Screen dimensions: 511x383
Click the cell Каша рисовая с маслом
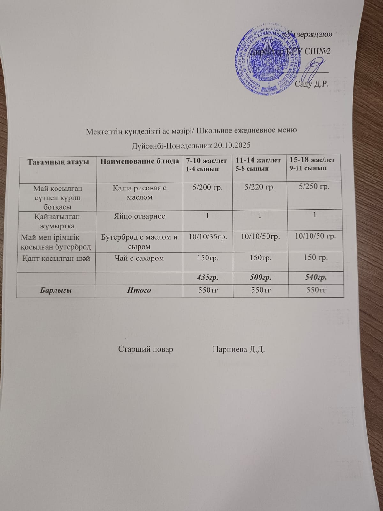point(140,192)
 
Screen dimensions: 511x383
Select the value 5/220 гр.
point(259,187)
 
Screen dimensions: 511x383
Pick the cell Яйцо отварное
point(140,216)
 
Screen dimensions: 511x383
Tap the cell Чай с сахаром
point(140,258)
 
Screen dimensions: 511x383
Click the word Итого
point(139,290)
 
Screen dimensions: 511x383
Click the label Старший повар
point(146,349)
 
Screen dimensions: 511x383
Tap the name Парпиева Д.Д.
point(239,349)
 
